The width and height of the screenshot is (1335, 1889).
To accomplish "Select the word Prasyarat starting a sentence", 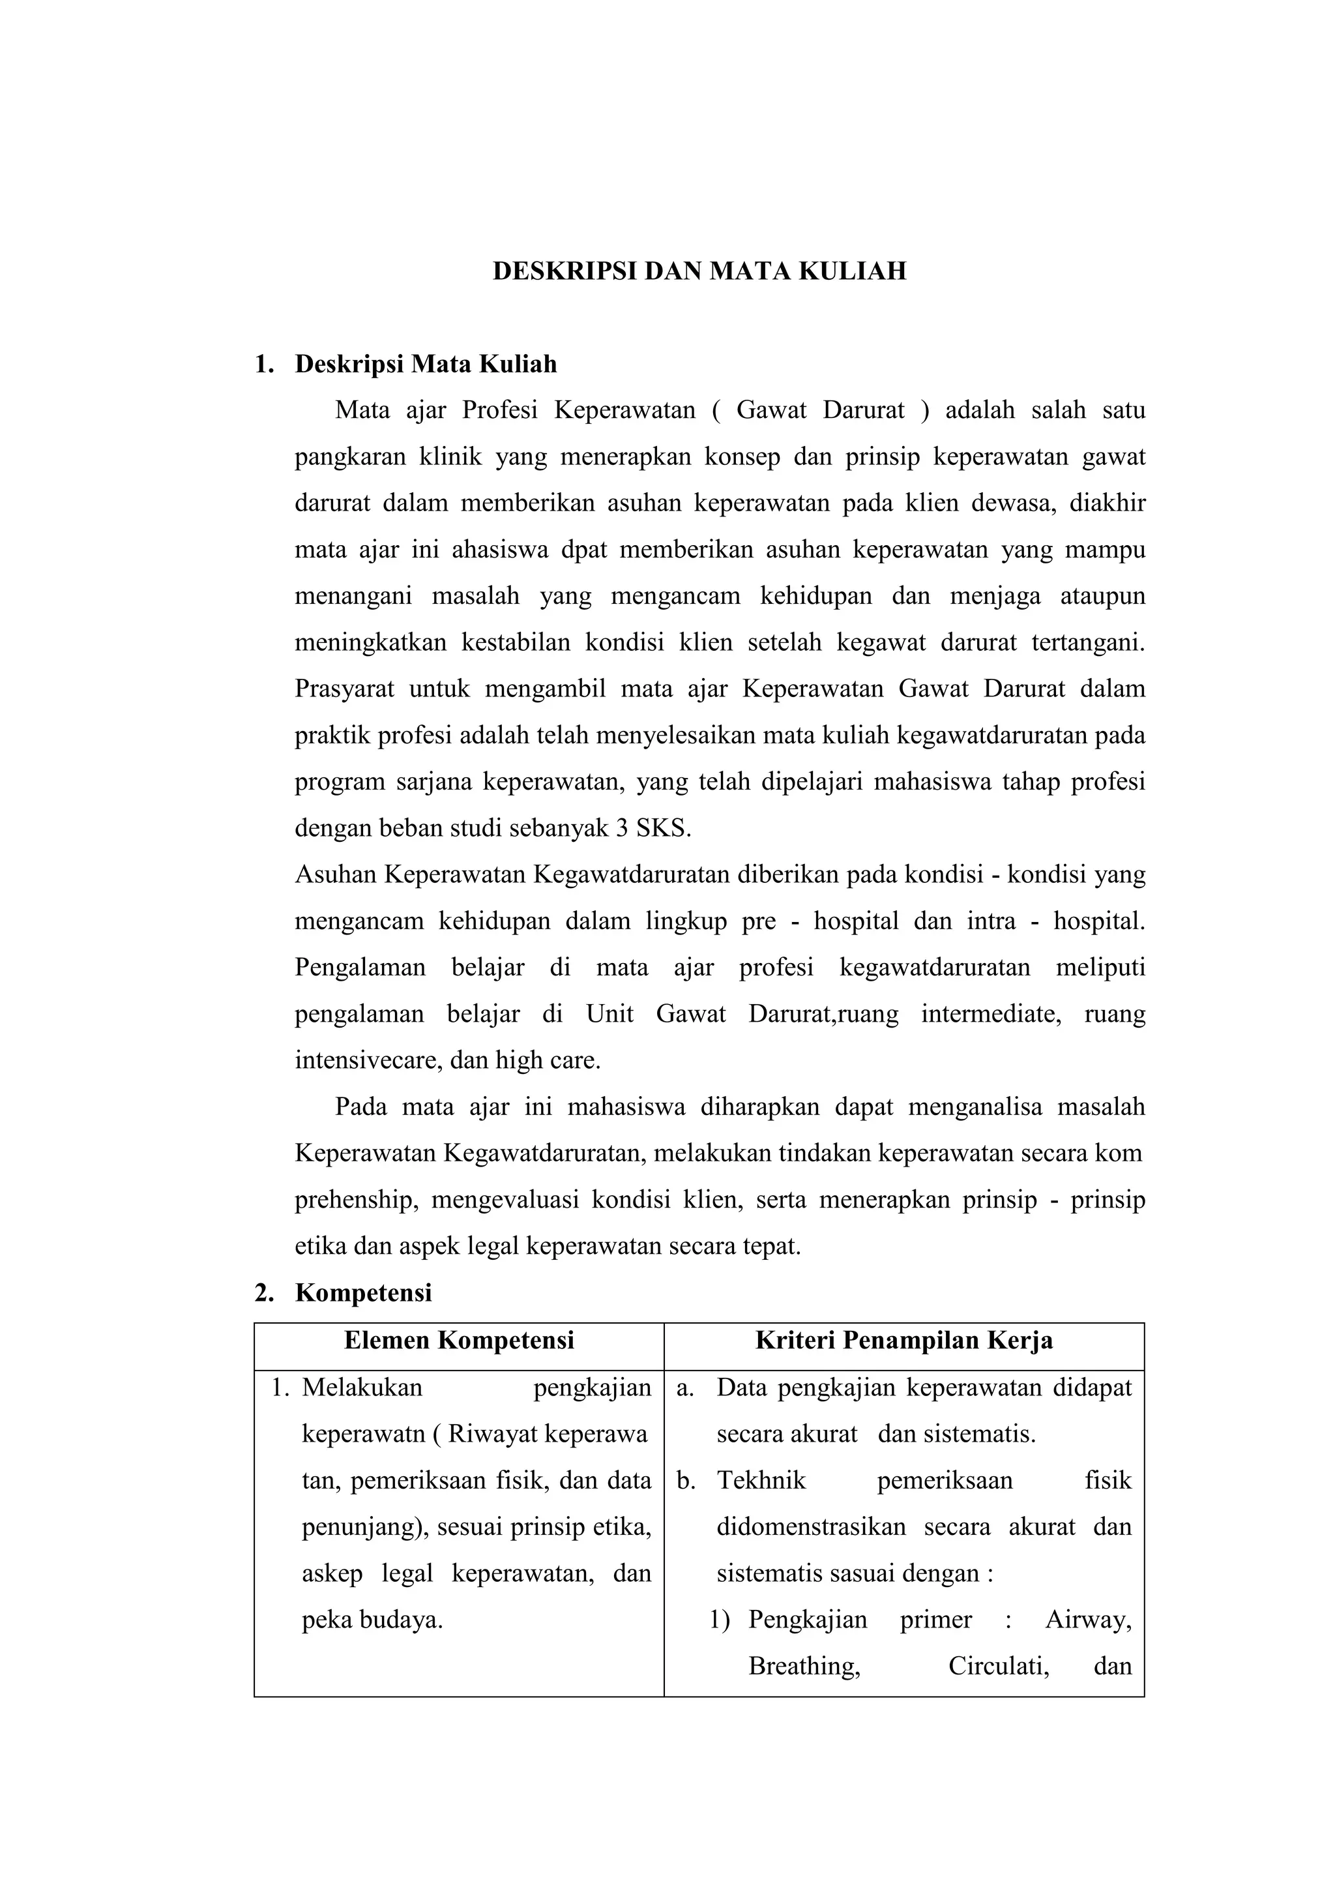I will pyautogui.click(x=344, y=689).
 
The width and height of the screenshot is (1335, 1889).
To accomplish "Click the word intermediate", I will pyautogui.click(x=990, y=1013).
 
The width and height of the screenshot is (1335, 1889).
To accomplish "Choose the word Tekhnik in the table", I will pyautogui.click(x=761, y=1481).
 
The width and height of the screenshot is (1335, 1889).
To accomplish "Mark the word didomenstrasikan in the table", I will pyautogui.click(x=810, y=1527).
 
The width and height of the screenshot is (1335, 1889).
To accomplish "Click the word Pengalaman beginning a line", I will pyautogui.click(x=359, y=968).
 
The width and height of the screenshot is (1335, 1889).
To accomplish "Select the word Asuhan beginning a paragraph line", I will pyautogui.click(x=336, y=874).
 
